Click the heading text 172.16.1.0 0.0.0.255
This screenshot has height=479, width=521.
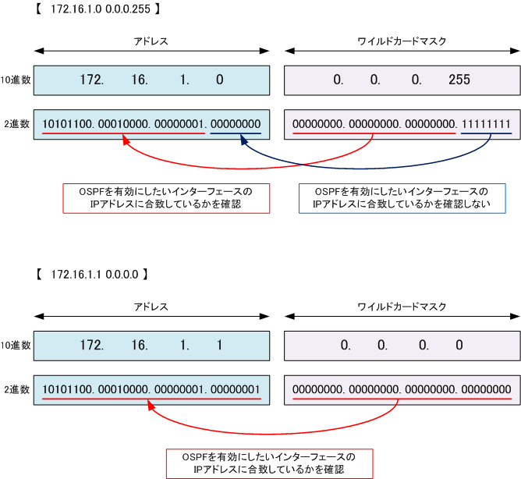[101, 9]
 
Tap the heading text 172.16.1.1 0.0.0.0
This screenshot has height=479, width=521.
[94, 275]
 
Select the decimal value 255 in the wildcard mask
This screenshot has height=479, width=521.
[459, 80]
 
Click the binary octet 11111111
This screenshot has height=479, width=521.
[486, 124]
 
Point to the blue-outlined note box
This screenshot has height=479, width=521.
[402, 198]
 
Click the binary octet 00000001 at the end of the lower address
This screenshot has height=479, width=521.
[236, 389]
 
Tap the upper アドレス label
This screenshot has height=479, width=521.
[151, 41]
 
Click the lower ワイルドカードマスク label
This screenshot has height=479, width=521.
[402, 307]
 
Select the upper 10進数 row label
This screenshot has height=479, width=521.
[16, 80]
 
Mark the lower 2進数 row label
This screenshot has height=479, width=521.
[17, 389]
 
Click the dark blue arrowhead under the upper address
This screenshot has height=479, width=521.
[244, 140]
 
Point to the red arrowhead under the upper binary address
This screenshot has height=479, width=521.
[126, 140]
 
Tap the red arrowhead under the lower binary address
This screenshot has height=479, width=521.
[151, 405]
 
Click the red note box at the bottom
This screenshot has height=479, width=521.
[270, 463]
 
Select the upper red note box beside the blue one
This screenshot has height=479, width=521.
[166, 198]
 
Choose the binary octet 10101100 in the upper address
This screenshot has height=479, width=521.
[67, 124]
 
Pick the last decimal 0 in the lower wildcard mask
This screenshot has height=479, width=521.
[459, 345]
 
